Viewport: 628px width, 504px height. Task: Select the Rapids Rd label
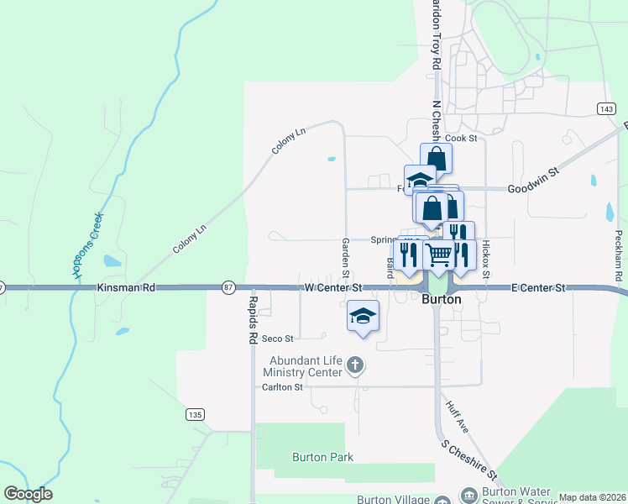(252, 319)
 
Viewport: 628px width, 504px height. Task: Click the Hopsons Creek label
(87, 244)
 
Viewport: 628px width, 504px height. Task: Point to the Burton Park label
(322, 457)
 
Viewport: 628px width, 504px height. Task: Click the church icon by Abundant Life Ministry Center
(355, 365)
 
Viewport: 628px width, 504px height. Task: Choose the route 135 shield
(195, 414)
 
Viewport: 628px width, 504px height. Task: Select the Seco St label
(278, 339)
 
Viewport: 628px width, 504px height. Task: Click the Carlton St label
(281, 387)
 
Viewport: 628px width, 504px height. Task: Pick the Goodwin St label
(533, 189)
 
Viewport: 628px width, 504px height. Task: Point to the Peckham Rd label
(619, 255)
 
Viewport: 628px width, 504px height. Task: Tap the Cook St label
(461, 138)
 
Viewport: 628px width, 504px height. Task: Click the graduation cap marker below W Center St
(363, 317)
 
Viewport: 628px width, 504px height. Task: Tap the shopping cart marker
(439, 255)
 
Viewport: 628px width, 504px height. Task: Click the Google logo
(28, 494)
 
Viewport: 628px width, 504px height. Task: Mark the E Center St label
(539, 287)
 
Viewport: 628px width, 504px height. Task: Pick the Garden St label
(345, 257)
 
